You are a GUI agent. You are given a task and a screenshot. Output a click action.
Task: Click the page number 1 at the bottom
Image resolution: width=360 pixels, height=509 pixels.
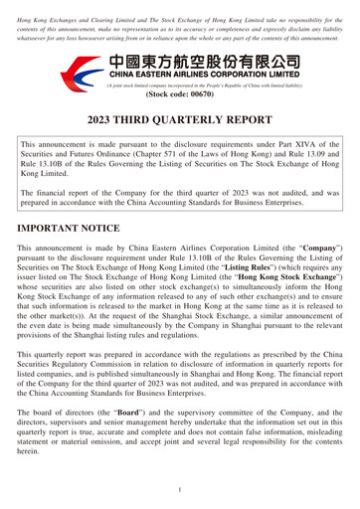pyautogui.click(x=180, y=489)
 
